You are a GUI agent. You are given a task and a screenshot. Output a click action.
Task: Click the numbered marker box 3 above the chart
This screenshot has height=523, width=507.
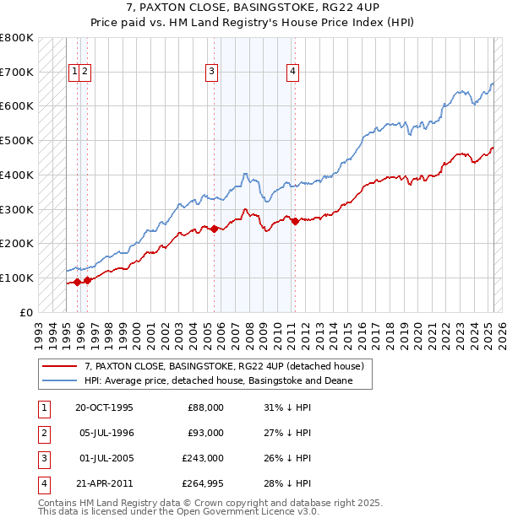coord(210,73)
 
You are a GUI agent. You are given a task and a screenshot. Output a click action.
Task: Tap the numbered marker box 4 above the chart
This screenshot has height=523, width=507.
coord(292,73)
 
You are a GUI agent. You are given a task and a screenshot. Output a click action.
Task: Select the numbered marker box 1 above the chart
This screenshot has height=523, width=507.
coord(75,73)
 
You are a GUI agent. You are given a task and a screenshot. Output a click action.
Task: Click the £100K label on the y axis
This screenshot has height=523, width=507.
coord(18,278)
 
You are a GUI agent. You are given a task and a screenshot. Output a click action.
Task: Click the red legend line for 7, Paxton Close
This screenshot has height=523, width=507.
coord(60,367)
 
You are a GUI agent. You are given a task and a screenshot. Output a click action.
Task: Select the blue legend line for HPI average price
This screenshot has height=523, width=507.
coord(60,381)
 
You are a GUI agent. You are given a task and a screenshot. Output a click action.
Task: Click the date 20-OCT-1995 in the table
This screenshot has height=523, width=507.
coord(105,407)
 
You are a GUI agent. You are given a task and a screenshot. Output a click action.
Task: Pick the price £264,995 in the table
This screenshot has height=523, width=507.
coord(202,483)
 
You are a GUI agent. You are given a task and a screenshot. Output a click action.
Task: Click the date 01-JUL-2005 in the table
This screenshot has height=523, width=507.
coord(104,458)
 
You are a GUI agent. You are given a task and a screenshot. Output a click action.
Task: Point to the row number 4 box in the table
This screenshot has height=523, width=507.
coord(43,483)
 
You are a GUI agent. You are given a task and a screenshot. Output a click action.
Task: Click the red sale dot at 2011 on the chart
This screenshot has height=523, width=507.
coord(295,222)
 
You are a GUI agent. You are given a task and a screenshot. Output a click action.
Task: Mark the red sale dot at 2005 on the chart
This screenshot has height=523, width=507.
coord(214,229)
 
